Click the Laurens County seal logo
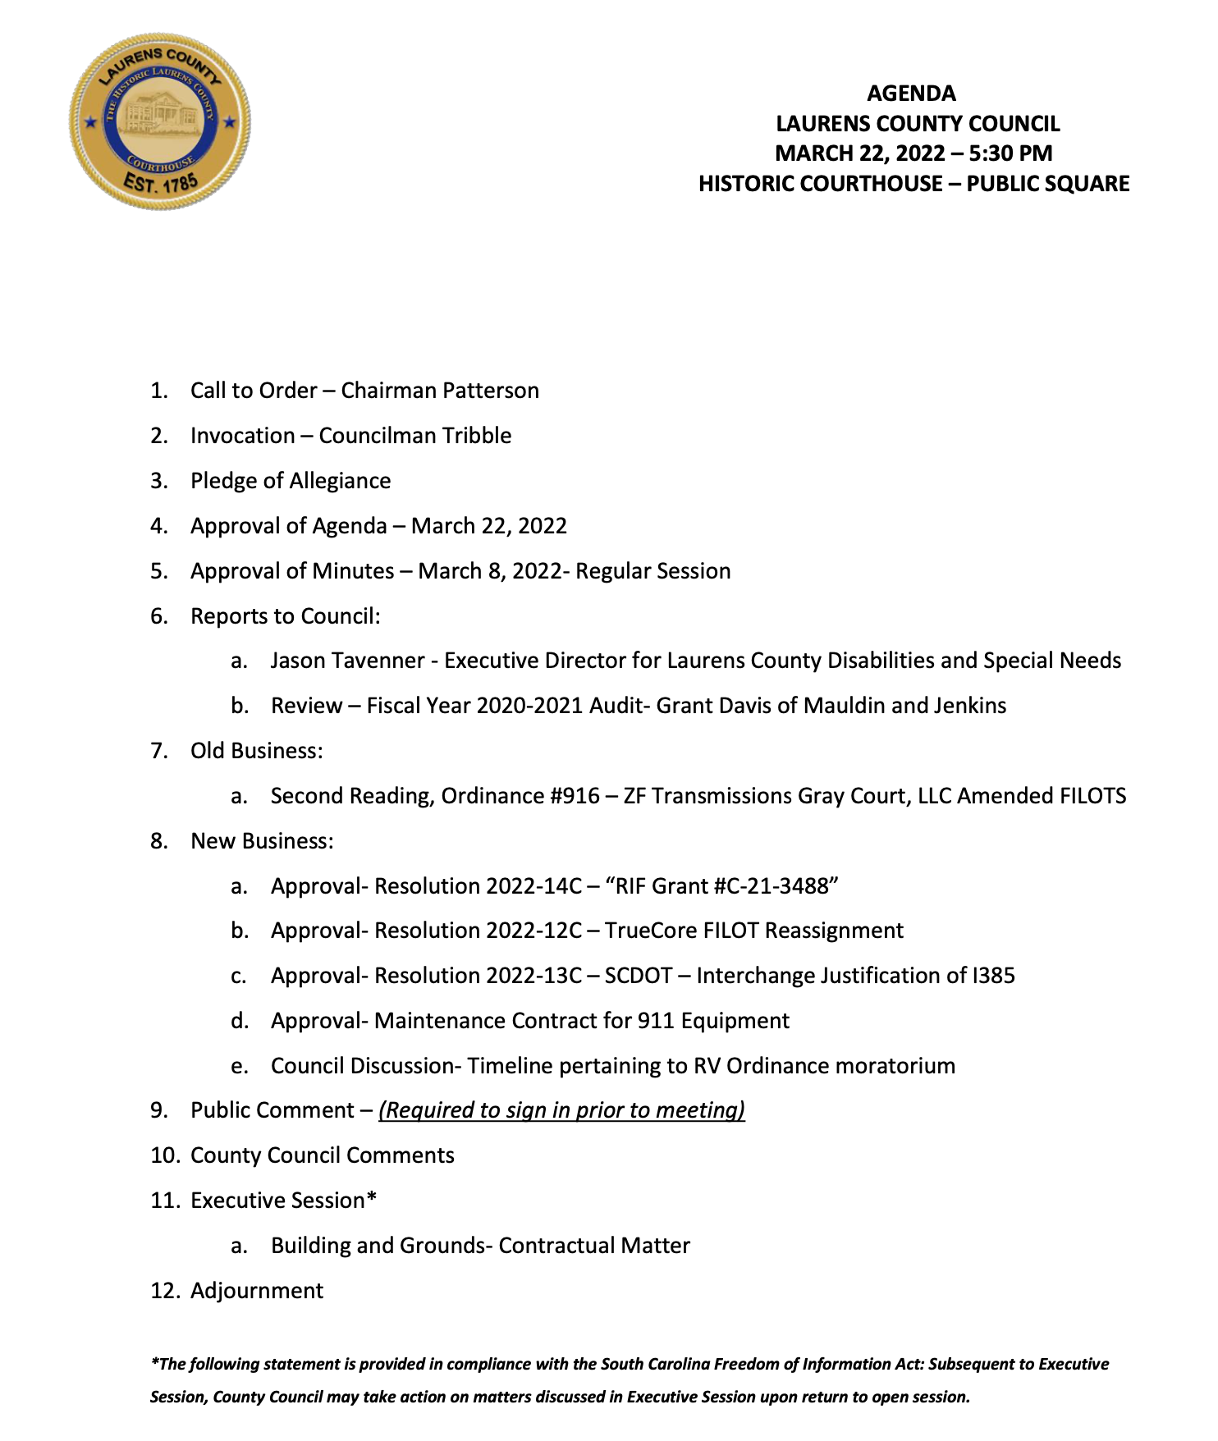click(x=160, y=121)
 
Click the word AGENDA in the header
click(x=911, y=94)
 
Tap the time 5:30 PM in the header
click(x=1010, y=153)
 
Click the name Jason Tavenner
click(x=347, y=661)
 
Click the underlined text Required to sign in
click(x=476, y=1110)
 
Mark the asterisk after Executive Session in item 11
click(x=372, y=1199)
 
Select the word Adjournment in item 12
click(x=257, y=1291)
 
